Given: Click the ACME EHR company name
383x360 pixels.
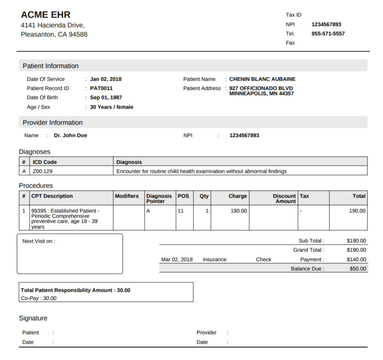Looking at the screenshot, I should coord(45,15).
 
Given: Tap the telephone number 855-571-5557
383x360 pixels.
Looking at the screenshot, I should coord(328,34).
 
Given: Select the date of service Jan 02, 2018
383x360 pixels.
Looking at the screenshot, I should coord(106,79).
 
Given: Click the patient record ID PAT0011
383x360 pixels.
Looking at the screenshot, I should coord(101,88).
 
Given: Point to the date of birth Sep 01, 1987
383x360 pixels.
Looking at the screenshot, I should coord(106,97).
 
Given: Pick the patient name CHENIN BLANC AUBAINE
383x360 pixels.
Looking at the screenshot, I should coord(262,79).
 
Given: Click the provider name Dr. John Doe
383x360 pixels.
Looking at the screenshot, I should coord(70,135).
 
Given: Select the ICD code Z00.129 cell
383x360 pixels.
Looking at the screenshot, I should coord(43,171).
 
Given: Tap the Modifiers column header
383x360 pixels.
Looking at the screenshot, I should coord(127,196).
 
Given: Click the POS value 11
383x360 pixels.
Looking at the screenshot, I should coord(181,211).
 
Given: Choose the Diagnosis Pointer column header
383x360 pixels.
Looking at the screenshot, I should coord(159,198).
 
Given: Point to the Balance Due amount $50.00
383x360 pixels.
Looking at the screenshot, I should coord(357,269).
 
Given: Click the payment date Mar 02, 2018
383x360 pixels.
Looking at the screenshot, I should coord(177,259).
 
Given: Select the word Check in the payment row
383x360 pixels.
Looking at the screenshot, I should coord(263,259).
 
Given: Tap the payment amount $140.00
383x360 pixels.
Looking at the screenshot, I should coord(356,259).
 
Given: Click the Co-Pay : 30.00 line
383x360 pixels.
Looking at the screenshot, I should coord(39,298).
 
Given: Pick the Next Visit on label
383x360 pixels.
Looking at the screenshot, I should coord(39,241).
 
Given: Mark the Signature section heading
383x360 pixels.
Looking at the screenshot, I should coord(33,318).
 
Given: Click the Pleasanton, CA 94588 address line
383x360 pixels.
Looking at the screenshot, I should coord(54,34).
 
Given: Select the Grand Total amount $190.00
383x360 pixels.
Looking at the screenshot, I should coord(356,250).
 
